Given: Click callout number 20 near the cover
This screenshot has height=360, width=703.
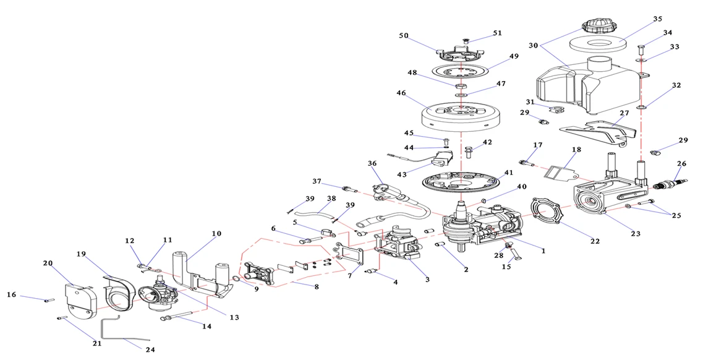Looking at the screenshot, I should click(48, 262).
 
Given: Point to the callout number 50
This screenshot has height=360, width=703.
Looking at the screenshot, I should click(404, 36).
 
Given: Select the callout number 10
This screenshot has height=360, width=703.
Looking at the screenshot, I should click(216, 234).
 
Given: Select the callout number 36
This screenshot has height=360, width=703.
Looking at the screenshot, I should click(372, 163).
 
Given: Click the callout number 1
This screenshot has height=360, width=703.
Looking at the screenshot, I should click(543, 251).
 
